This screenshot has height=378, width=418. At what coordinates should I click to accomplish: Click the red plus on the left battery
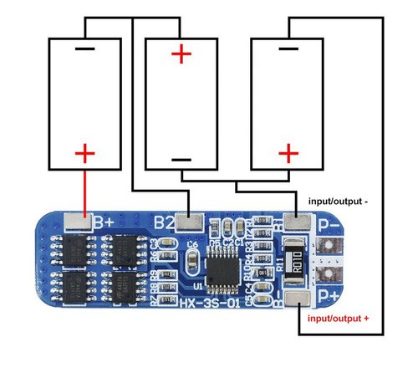[84, 153]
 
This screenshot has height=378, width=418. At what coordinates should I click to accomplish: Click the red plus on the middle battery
[181, 55]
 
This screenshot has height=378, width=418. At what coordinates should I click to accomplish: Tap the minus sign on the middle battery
[181, 160]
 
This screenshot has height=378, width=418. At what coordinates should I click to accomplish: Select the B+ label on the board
[104, 222]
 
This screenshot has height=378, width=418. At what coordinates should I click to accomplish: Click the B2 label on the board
[165, 223]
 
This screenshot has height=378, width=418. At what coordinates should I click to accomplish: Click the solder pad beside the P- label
[298, 223]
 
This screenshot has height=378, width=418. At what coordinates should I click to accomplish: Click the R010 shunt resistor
[297, 261]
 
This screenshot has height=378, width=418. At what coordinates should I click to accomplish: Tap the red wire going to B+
[84, 191]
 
